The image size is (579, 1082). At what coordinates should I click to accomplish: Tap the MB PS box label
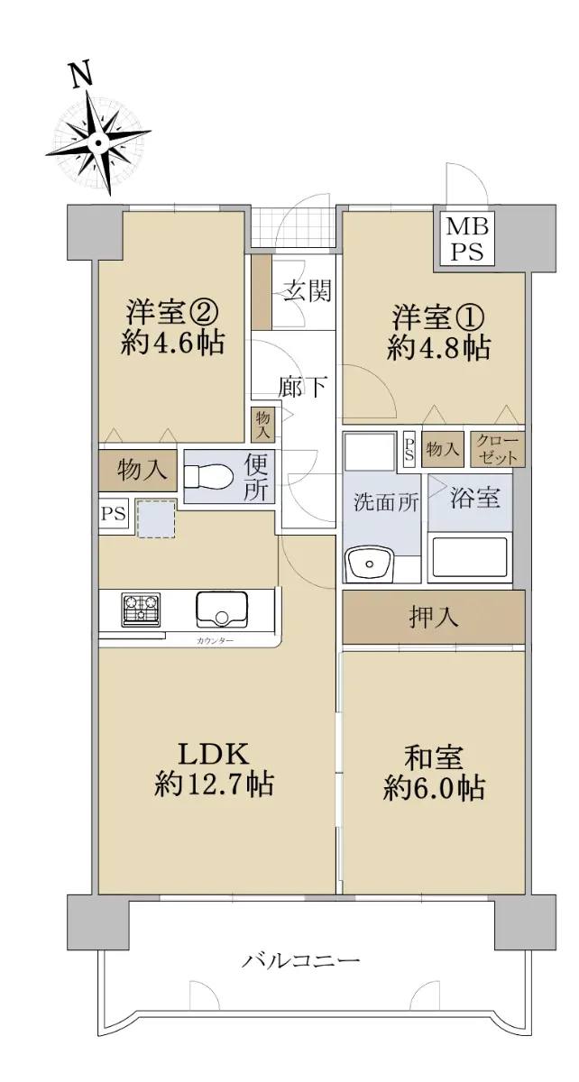[467, 239]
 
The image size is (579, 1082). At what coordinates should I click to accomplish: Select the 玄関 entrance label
[307, 291]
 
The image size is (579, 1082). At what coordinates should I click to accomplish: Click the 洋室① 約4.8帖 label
[439, 333]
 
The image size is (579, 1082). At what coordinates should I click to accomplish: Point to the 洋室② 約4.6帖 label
[172, 327]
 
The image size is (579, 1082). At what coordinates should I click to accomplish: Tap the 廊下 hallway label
[304, 386]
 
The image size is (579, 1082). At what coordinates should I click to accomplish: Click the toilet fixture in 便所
[208, 476]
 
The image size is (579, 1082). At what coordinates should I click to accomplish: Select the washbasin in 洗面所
[370, 564]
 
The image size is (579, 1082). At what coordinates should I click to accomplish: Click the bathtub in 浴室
[470, 557]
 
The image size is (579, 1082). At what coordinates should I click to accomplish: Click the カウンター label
[215, 641]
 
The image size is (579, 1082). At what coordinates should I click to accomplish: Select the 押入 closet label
[434, 617]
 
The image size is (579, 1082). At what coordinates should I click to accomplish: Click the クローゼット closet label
[497, 449]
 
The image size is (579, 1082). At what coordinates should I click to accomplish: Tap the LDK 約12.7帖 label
[214, 768]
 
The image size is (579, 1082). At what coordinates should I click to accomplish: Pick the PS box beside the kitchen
[114, 513]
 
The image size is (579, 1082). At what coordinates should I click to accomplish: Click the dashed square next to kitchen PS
[156, 518]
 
